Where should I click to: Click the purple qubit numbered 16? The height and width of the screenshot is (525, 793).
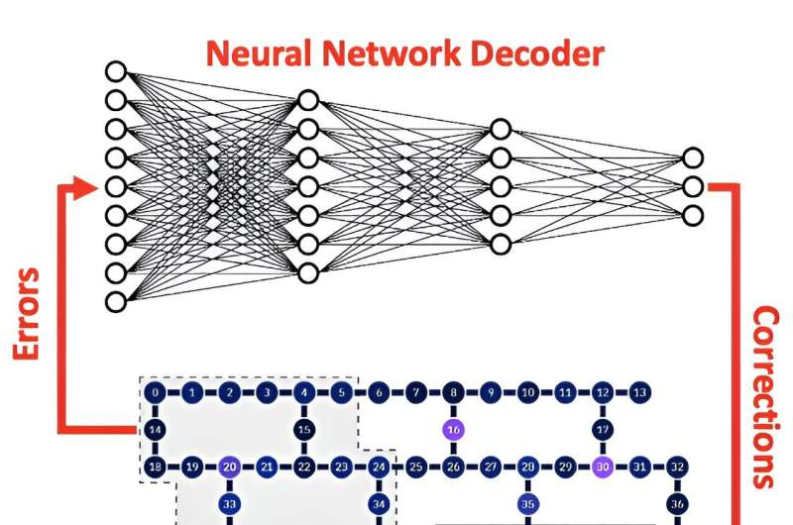pyautogui.click(x=453, y=430)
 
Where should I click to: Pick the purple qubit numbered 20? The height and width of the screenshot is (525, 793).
pyautogui.click(x=230, y=466)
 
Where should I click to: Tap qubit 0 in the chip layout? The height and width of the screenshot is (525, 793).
pyautogui.click(x=156, y=392)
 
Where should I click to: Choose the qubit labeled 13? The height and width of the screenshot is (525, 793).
pyautogui.click(x=640, y=392)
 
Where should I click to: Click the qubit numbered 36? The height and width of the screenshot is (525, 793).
pyautogui.click(x=678, y=503)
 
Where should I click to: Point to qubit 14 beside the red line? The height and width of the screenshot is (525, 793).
pyautogui.click(x=156, y=430)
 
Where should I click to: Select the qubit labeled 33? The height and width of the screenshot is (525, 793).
pyautogui.click(x=230, y=503)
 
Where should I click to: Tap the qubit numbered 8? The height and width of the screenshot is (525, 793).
pyautogui.click(x=453, y=392)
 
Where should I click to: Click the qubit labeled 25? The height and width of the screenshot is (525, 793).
pyautogui.click(x=416, y=466)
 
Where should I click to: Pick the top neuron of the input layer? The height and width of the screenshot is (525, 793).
pyautogui.click(x=116, y=71)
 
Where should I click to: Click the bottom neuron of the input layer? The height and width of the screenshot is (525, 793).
pyautogui.click(x=116, y=301)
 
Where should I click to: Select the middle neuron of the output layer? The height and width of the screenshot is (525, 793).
pyautogui.click(x=693, y=186)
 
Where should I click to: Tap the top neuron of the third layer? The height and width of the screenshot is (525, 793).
pyautogui.click(x=501, y=129)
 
